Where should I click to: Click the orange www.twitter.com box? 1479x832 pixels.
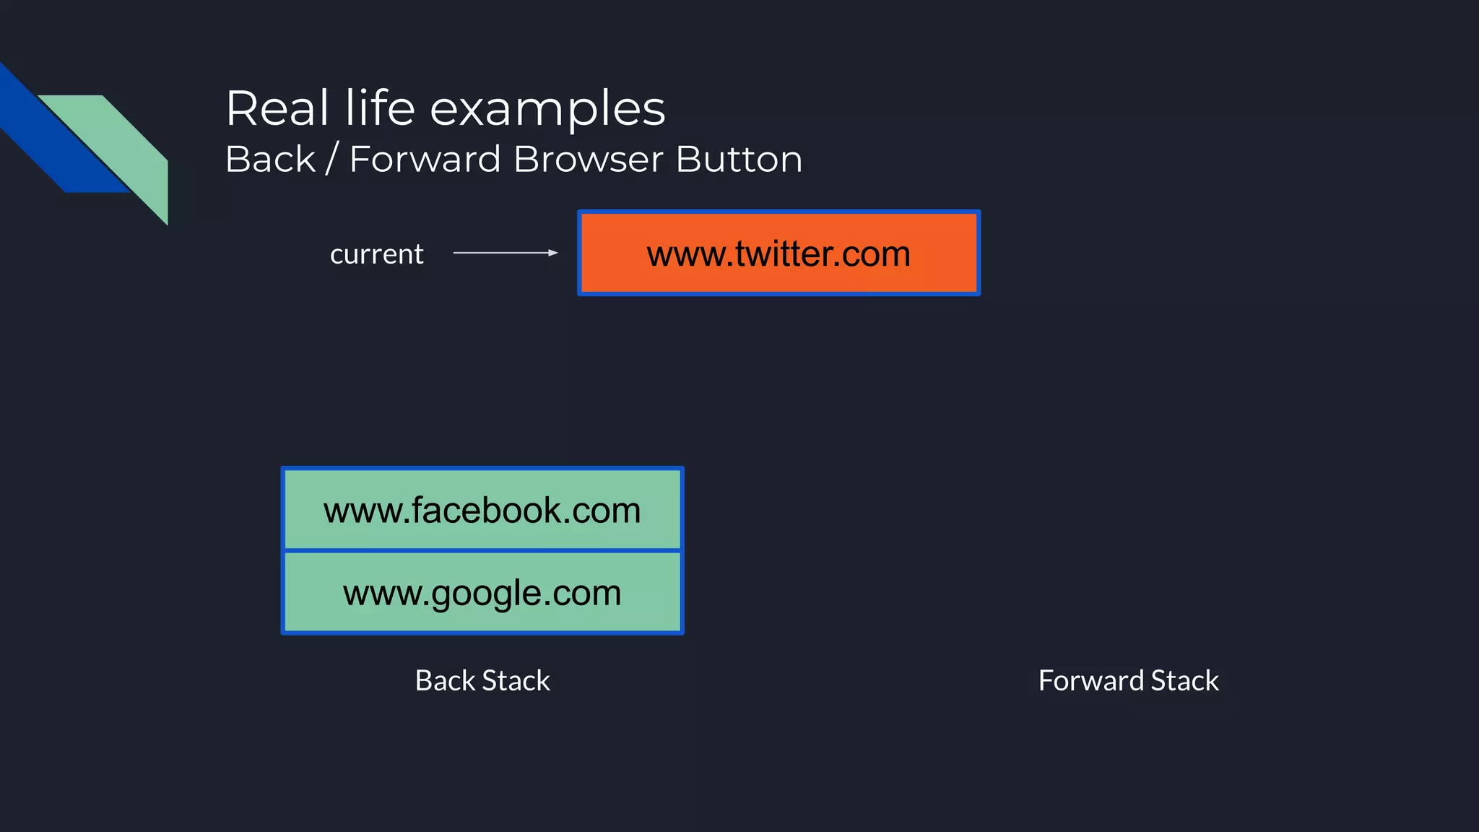[778, 253]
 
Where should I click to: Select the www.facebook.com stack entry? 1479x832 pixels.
[482, 510]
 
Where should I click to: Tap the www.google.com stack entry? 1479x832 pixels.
[482, 593]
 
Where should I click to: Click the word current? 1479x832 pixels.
[376, 254]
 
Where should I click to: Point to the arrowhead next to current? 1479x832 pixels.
[553, 253]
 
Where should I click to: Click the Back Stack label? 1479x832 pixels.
[482, 680]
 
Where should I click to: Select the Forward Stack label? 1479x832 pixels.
[1128, 680]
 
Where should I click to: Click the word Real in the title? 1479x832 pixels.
[277, 108]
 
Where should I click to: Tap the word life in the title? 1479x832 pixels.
[380, 108]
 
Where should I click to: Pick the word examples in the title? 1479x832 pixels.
[547, 110]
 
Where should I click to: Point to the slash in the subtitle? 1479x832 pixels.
[332, 159]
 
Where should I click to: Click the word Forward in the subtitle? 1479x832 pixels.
[425, 159]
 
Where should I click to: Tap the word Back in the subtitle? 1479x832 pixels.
[271, 159]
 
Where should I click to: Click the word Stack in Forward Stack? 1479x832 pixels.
[1184, 680]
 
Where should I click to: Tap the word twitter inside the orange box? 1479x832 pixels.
[783, 253]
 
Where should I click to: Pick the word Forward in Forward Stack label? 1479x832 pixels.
[1090, 680]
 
